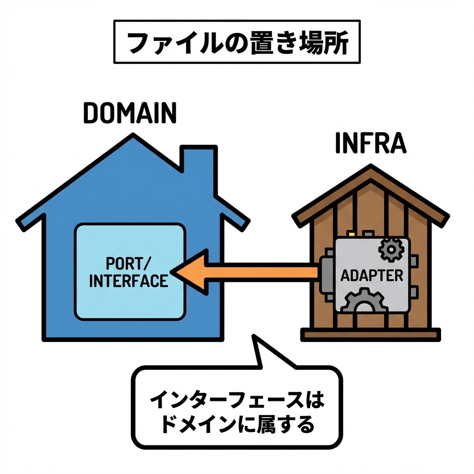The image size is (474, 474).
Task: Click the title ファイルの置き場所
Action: (x=237, y=42)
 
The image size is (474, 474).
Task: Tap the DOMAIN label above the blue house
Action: (x=130, y=112)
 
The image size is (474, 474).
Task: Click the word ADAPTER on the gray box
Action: (x=372, y=276)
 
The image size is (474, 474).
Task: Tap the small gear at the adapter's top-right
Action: (x=391, y=249)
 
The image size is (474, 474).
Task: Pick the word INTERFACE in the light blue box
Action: (x=128, y=281)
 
